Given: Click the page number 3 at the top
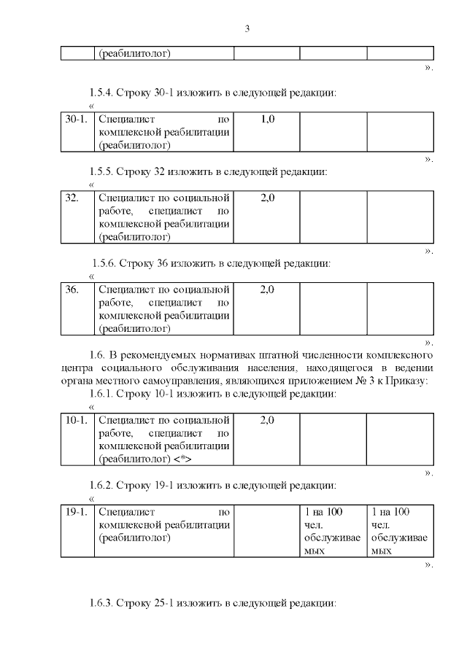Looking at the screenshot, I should [x=247, y=29].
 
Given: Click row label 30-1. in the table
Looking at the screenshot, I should [x=76, y=118].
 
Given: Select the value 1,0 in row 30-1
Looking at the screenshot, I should [x=267, y=118].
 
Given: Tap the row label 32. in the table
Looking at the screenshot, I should [x=72, y=198].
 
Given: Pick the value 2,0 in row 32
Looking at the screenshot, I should [x=267, y=198].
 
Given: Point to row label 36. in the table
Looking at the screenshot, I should [x=72, y=290].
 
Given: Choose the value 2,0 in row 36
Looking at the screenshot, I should [x=267, y=290].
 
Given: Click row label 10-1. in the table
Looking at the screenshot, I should [x=76, y=421].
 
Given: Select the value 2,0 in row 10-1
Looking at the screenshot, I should [x=267, y=421].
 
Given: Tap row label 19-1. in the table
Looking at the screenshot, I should [x=76, y=512].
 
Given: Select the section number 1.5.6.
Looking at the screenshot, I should [x=104, y=263].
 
